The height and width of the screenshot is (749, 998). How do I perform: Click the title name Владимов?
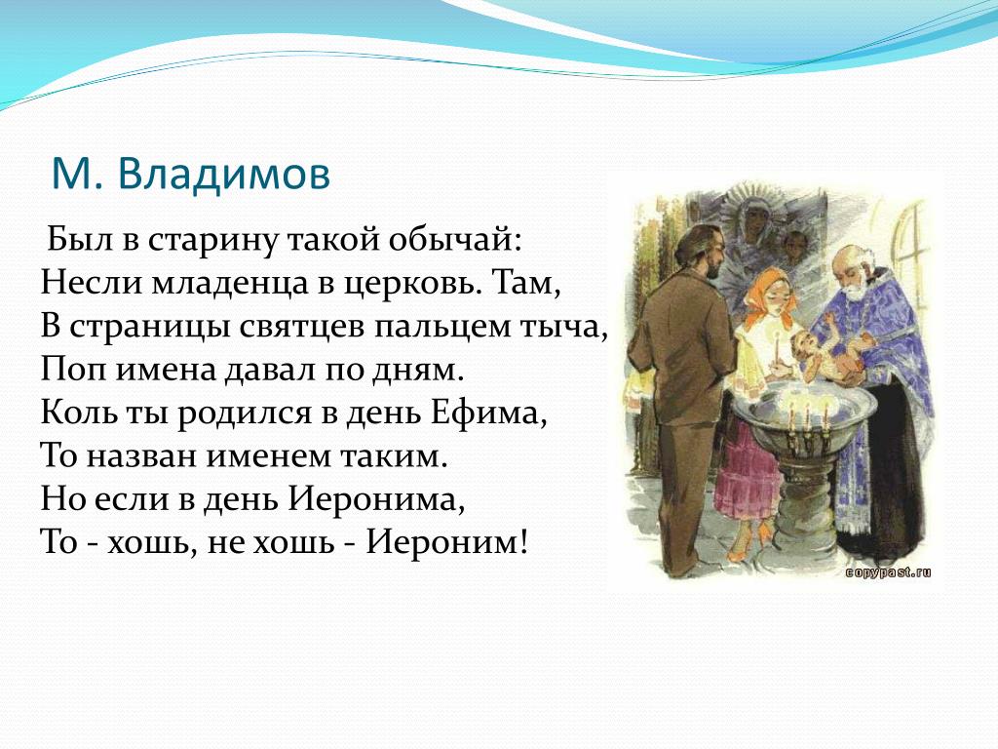click(224, 174)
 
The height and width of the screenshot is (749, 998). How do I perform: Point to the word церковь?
click(412, 284)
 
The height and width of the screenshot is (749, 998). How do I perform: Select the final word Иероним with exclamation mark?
click(446, 542)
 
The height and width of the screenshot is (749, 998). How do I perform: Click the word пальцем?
click(442, 328)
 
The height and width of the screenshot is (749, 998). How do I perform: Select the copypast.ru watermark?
click(888, 572)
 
